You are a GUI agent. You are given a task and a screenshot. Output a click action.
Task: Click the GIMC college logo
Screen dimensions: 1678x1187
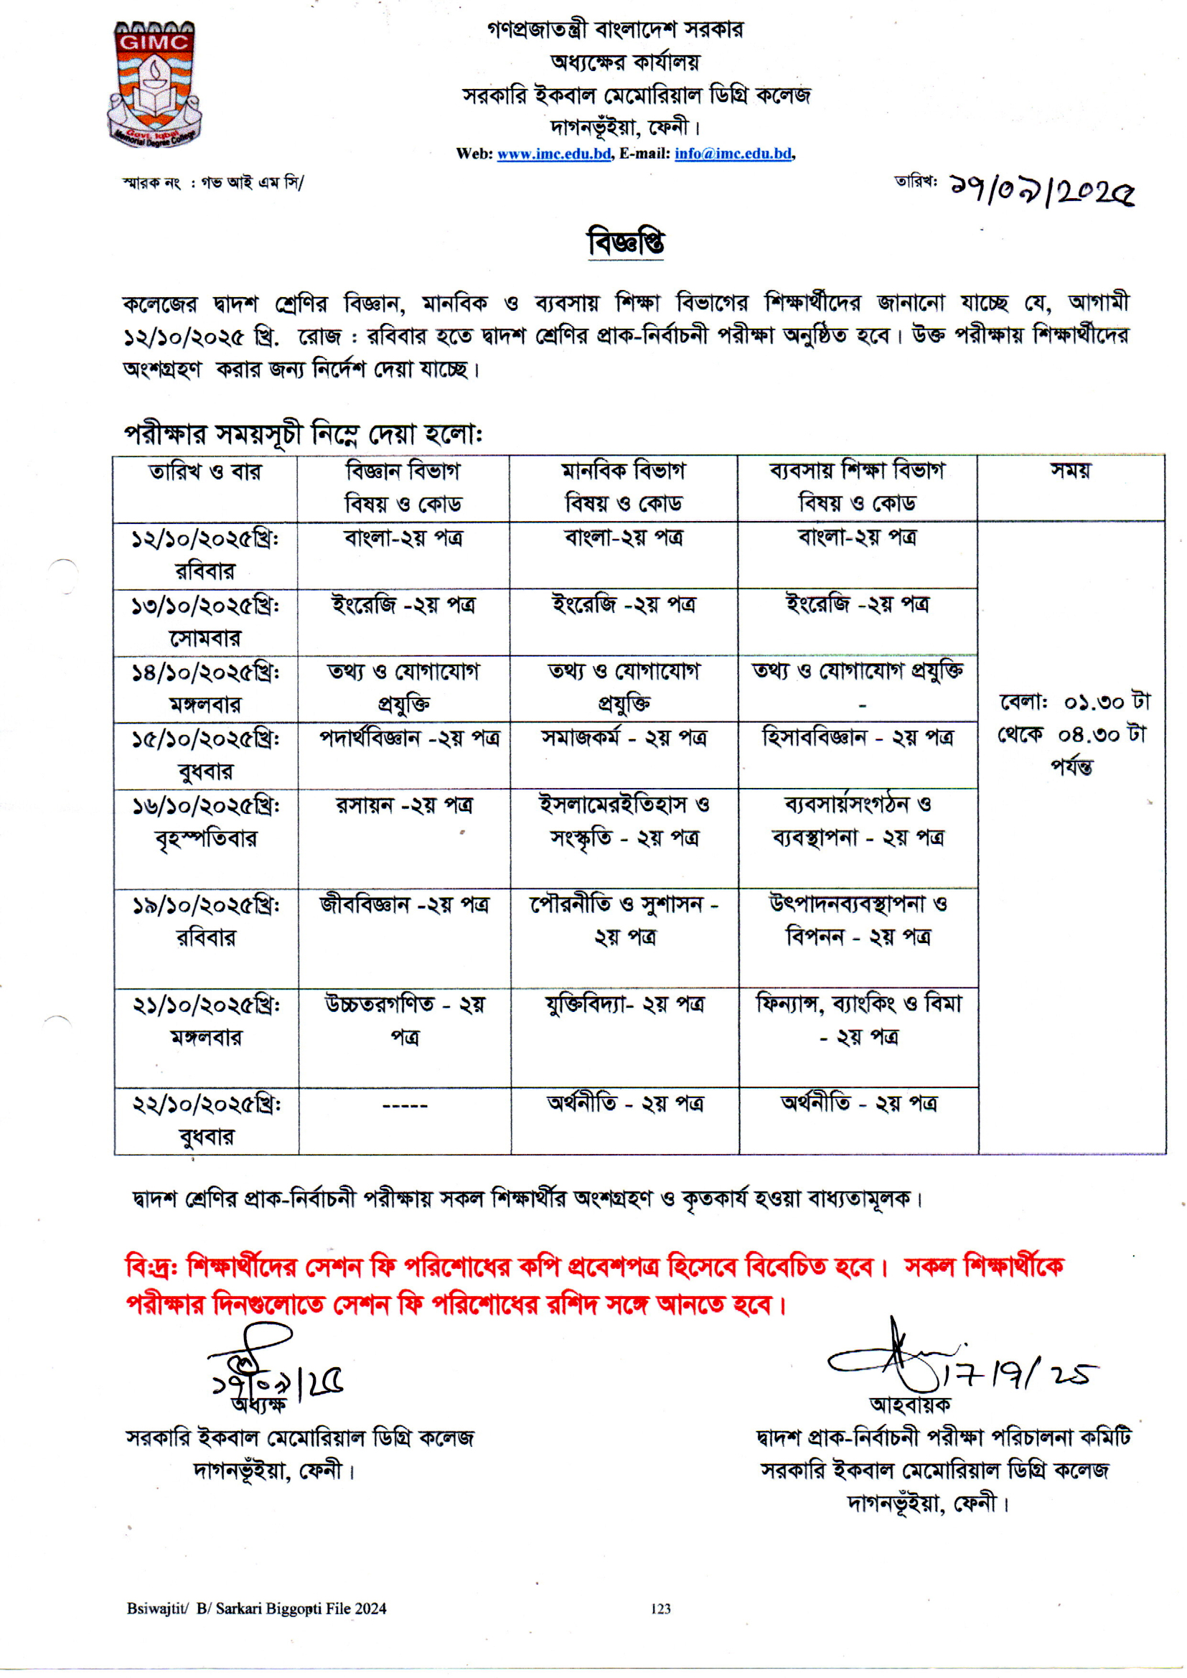[x=154, y=84]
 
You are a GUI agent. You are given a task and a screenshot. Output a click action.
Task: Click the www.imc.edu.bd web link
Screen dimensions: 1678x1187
[x=554, y=154]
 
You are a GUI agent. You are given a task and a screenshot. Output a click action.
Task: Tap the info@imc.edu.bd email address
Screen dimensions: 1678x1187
[x=733, y=154]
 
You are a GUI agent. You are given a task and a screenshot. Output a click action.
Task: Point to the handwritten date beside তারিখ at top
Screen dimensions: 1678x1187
[x=1041, y=192]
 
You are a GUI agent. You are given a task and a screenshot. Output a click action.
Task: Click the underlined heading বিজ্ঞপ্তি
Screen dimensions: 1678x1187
[x=626, y=243]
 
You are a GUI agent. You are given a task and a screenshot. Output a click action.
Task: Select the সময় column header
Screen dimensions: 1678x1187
[x=1070, y=472]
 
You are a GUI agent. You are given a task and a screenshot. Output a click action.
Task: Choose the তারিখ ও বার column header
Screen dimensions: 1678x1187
[x=205, y=472]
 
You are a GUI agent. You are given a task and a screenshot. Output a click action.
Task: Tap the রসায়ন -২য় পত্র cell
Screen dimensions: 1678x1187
[x=404, y=805]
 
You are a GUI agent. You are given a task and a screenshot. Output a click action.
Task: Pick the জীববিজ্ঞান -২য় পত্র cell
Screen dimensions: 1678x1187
[x=404, y=905]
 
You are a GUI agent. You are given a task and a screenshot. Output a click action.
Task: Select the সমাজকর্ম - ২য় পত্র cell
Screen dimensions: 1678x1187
[x=624, y=738]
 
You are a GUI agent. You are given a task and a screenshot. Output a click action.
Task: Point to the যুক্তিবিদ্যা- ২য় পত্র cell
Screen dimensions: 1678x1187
[x=624, y=1005]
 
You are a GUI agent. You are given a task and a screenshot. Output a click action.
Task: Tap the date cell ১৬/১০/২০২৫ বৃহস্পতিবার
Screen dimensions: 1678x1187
[x=205, y=822]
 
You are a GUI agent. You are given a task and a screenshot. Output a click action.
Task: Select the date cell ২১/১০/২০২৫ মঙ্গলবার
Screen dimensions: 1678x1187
[x=205, y=1021]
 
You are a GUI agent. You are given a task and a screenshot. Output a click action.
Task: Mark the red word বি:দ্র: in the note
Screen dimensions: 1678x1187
[x=152, y=1266]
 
